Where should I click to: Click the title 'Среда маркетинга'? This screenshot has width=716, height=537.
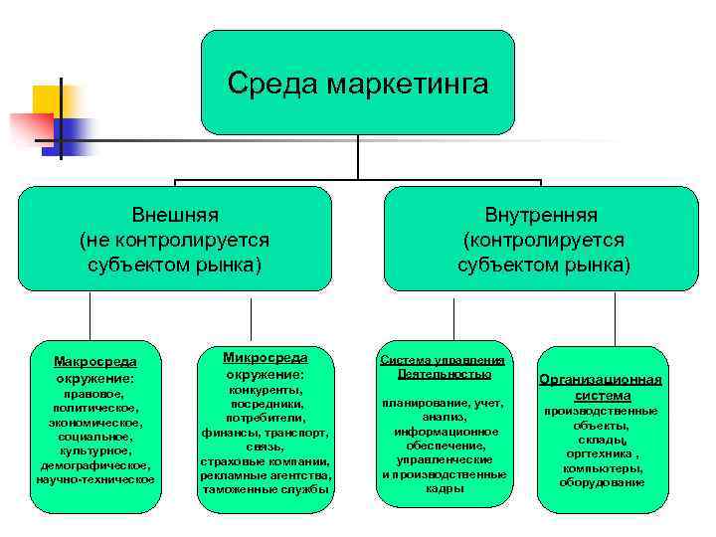tap(357, 83)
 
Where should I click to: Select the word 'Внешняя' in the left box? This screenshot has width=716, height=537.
tap(175, 215)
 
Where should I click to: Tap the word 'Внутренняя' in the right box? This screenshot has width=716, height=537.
tap(541, 215)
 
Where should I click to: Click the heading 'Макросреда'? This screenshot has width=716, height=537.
tap(95, 361)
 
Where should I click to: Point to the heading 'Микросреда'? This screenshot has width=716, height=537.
tap(265, 357)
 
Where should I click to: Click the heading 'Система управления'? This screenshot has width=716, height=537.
tap(445, 360)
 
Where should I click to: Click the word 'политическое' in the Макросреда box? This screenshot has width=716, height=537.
tap(96, 408)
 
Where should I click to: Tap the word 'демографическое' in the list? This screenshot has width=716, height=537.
tap(95, 464)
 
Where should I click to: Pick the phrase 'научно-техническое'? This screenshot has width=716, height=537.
tap(95, 479)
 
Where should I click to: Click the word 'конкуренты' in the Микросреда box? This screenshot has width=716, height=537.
tap(264, 390)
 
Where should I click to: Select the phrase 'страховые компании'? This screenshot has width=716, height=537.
tap(265, 461)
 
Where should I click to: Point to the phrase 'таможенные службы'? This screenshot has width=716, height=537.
tap(265, 489)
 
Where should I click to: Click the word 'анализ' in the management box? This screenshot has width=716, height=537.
tap(443, 417)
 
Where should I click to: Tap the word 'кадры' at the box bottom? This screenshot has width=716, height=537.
tap(444, 488)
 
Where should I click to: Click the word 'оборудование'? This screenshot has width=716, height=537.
tap(601, 482)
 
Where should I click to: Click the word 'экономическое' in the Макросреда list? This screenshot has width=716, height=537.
tap(95, 422)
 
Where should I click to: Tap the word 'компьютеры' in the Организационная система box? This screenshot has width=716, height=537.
tap(600, 468)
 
